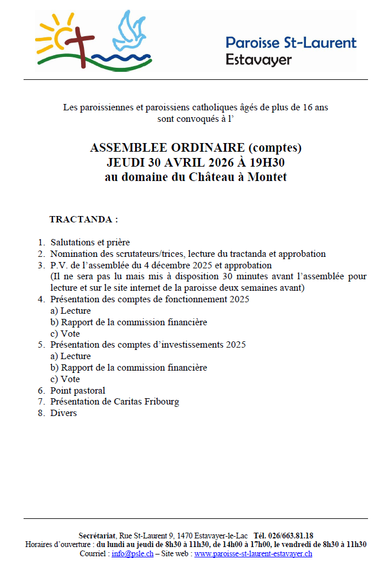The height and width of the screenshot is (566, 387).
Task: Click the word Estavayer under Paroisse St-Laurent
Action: [259, 59]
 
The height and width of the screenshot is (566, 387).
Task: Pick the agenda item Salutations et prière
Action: [90, 242]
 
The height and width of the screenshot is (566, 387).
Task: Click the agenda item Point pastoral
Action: [78, 390]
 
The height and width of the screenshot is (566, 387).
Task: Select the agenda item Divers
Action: [63, 413]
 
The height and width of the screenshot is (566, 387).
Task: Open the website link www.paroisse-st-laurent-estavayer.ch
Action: [253, 553]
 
